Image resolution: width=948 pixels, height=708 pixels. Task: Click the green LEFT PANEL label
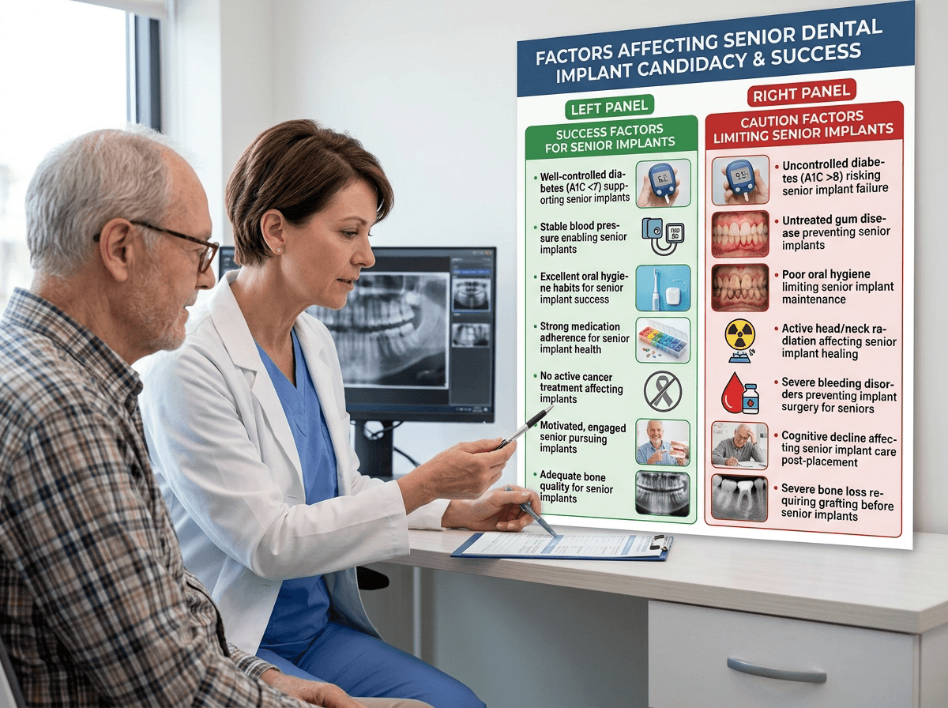tap(607, 104)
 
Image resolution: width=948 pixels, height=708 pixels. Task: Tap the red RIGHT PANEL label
tap(801, 94)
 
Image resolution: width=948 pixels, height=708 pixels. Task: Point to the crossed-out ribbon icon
tap(663, 390)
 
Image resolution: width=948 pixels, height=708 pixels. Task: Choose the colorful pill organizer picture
tap(663, 338)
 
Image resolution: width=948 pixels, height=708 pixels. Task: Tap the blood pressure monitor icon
tap(662, 235)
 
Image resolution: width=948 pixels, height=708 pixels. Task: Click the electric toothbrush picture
tap(663, 288)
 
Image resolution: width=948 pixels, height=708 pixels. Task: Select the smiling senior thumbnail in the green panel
tap(662, 442)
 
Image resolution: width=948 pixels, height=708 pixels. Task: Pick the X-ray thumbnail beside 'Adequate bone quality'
tap(662, 493)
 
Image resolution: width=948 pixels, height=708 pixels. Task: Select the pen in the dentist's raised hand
tap(525, 427)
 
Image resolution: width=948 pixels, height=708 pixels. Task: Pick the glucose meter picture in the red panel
tap(739, 181)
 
